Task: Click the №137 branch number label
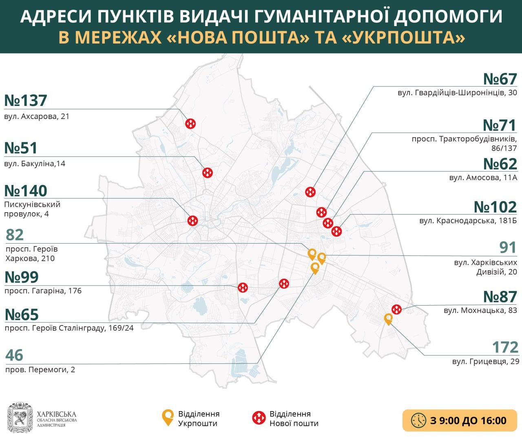[x=26, y=100]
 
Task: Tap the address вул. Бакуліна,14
[x=35, y=164]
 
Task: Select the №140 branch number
[x=26, y=191]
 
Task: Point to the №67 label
[x=500, y=79]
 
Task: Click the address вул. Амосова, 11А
[x=483, y=178]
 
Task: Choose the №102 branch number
[x=495, y=207]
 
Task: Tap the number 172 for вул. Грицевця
[x=505, y=347]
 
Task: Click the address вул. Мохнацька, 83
[x=480, y=310]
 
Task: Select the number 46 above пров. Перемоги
[x=14, y=355]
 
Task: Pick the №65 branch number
[x=21, y=315]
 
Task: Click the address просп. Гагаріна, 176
[x=43, y=291]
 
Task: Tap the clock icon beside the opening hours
[x=418, y=420]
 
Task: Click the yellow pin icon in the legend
[x=168, y=418]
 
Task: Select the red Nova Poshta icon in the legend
[x=259, y=418]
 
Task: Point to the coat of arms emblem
[x=20, y=418]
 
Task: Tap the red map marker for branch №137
[x=191, y=123]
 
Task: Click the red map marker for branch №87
[x=396, y=309]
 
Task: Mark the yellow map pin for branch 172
[x=388, y=319]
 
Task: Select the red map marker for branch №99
[x=243, y=288]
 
